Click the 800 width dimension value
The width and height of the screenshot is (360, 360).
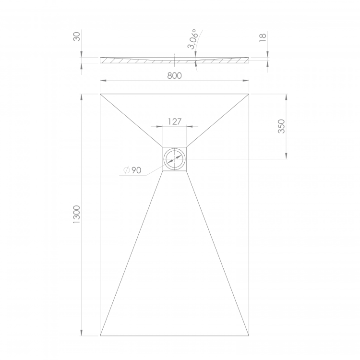point(175,75)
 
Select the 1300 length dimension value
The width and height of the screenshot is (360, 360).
point(76,215)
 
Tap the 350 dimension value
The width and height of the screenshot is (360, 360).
point(281,126)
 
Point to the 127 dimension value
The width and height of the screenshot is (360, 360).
point(175,121)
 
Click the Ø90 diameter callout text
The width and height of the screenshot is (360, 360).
point(132,170)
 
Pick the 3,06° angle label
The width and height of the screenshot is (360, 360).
point(192,39)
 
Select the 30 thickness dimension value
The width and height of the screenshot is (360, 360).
point(77,36)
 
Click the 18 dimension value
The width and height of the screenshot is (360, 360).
point(263,37)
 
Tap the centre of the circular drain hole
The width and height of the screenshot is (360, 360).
point(175,159)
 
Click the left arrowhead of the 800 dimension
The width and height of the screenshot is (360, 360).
point(103,80)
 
